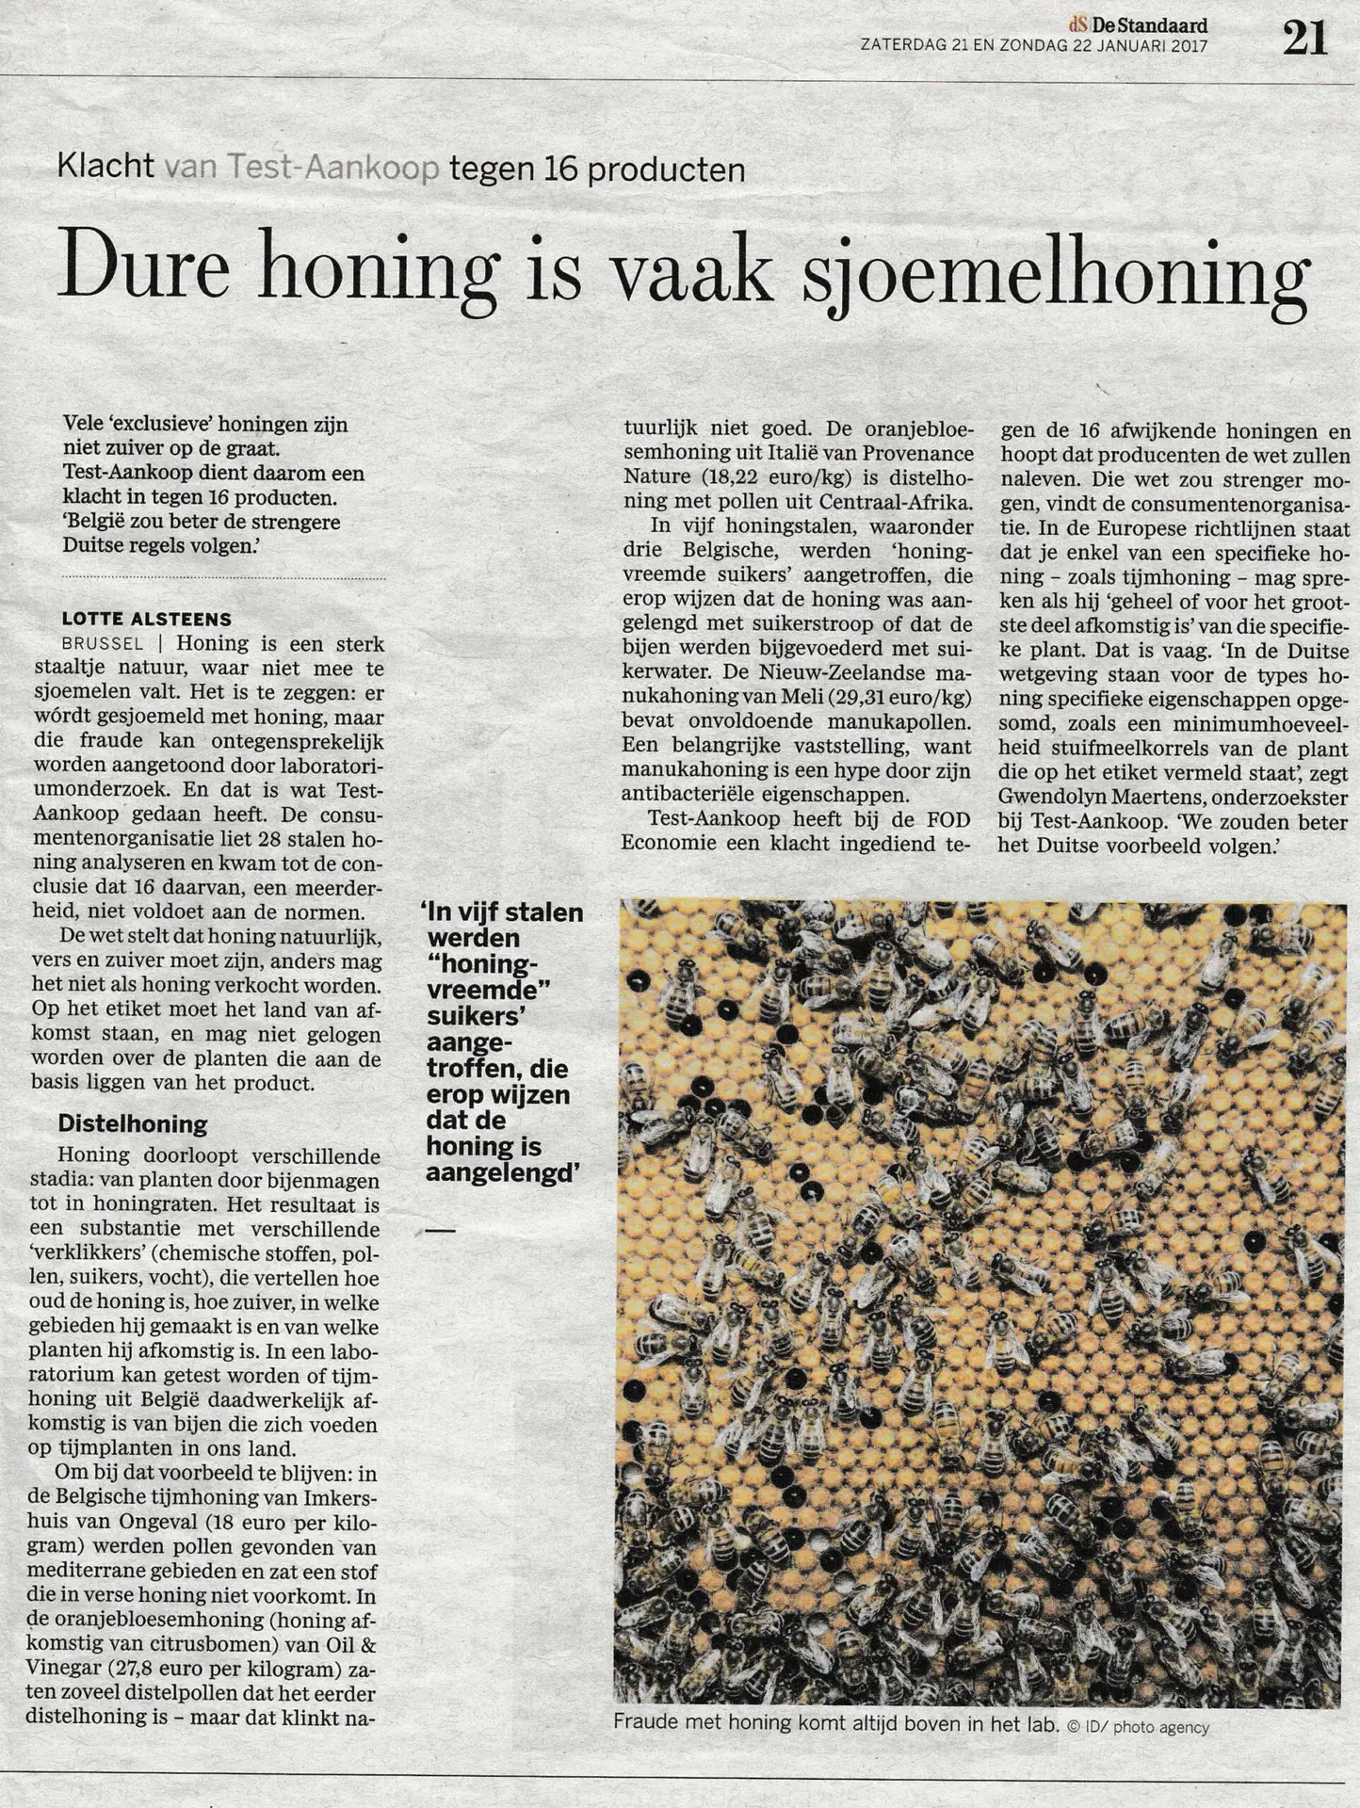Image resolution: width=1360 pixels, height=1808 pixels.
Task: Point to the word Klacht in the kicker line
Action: coord(106,168)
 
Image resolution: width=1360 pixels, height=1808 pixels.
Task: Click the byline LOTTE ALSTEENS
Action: coord(146,619)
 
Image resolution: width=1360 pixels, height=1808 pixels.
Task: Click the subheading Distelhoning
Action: coord(132,1123)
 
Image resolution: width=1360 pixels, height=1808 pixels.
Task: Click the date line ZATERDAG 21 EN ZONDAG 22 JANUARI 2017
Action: coord(1033,44)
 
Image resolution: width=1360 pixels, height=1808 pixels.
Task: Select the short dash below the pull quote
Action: coord(440,1231)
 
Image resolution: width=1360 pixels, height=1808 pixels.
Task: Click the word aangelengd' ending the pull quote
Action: coord(501,1171)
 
